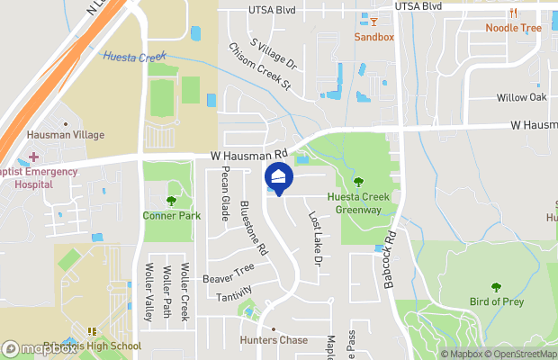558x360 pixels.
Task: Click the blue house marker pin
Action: point(279,178)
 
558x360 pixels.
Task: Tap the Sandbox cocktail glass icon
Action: point(373,21)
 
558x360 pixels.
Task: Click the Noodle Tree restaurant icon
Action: point(513,13)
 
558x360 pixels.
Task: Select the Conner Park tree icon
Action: point(171,200)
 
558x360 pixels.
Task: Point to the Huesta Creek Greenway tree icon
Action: point(358,183)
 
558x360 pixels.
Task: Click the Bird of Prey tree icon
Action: point(496,286)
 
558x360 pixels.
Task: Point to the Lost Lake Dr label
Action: point(315,238)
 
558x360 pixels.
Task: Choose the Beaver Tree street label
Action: point(228,274)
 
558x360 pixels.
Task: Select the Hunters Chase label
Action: point(274,340)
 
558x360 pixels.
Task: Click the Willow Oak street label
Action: point(521,97)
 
